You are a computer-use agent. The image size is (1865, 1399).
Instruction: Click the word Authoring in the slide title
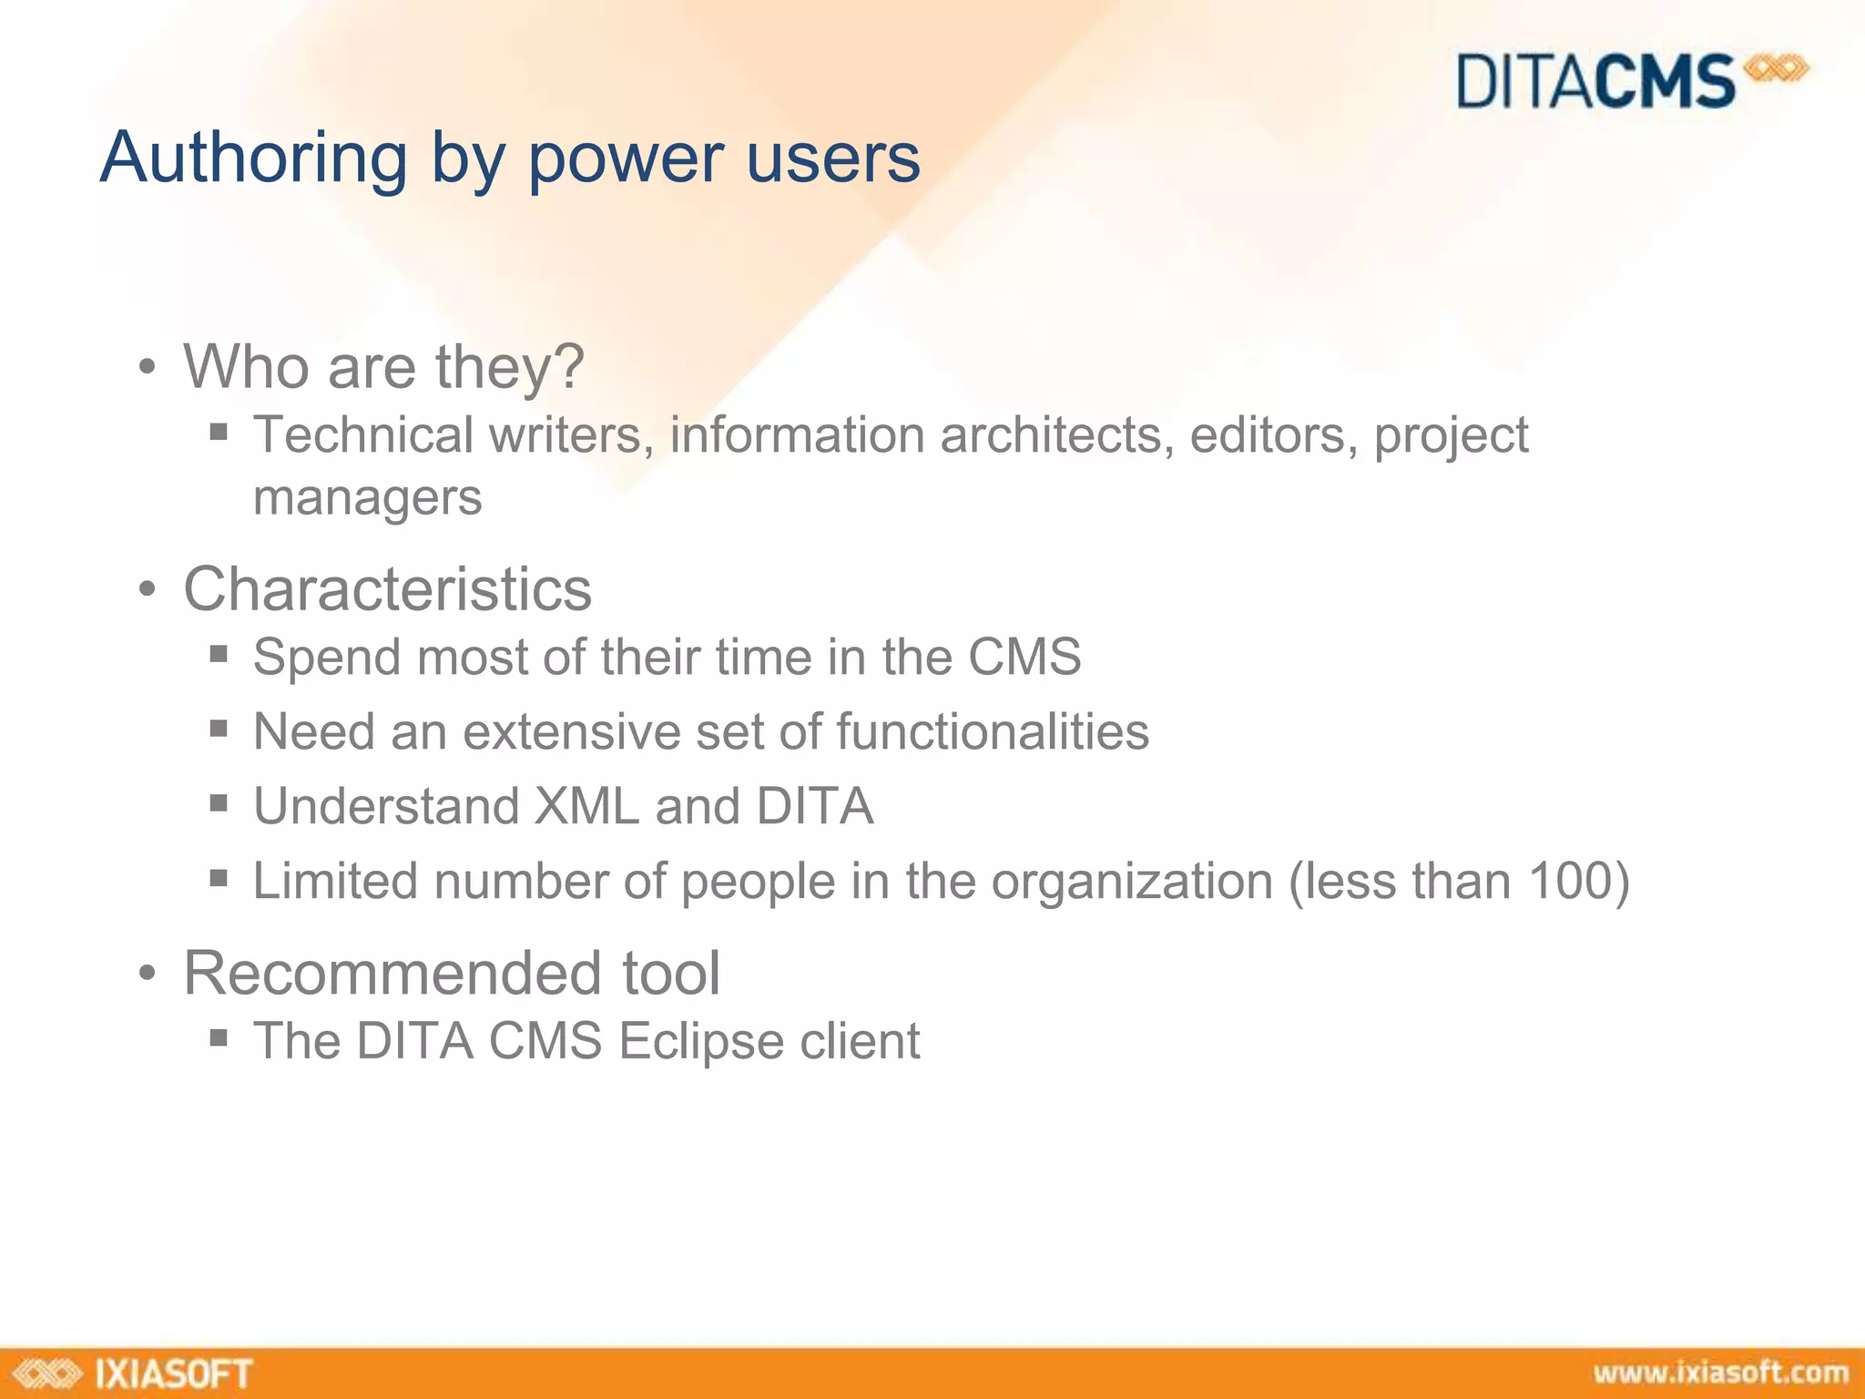coord(253,158)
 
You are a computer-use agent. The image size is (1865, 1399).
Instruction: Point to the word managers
coord(367,498)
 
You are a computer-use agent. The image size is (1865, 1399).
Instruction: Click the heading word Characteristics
coord(387,589)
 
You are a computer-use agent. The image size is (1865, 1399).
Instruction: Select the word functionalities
coord(992,731)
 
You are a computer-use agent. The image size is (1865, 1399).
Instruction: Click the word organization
coord(1131,883)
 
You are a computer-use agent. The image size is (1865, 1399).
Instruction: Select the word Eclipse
coord(700,1041)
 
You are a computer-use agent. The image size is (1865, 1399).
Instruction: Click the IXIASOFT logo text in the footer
coord(172,1373)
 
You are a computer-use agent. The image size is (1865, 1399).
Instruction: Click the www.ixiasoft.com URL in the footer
coord(1720,1373)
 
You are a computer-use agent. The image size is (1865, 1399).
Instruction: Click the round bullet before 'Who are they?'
coord(148,369)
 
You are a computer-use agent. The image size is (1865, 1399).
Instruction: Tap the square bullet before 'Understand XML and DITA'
coord(218,803)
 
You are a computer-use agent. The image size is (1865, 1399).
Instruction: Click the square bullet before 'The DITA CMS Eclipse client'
coord(218,1037)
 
